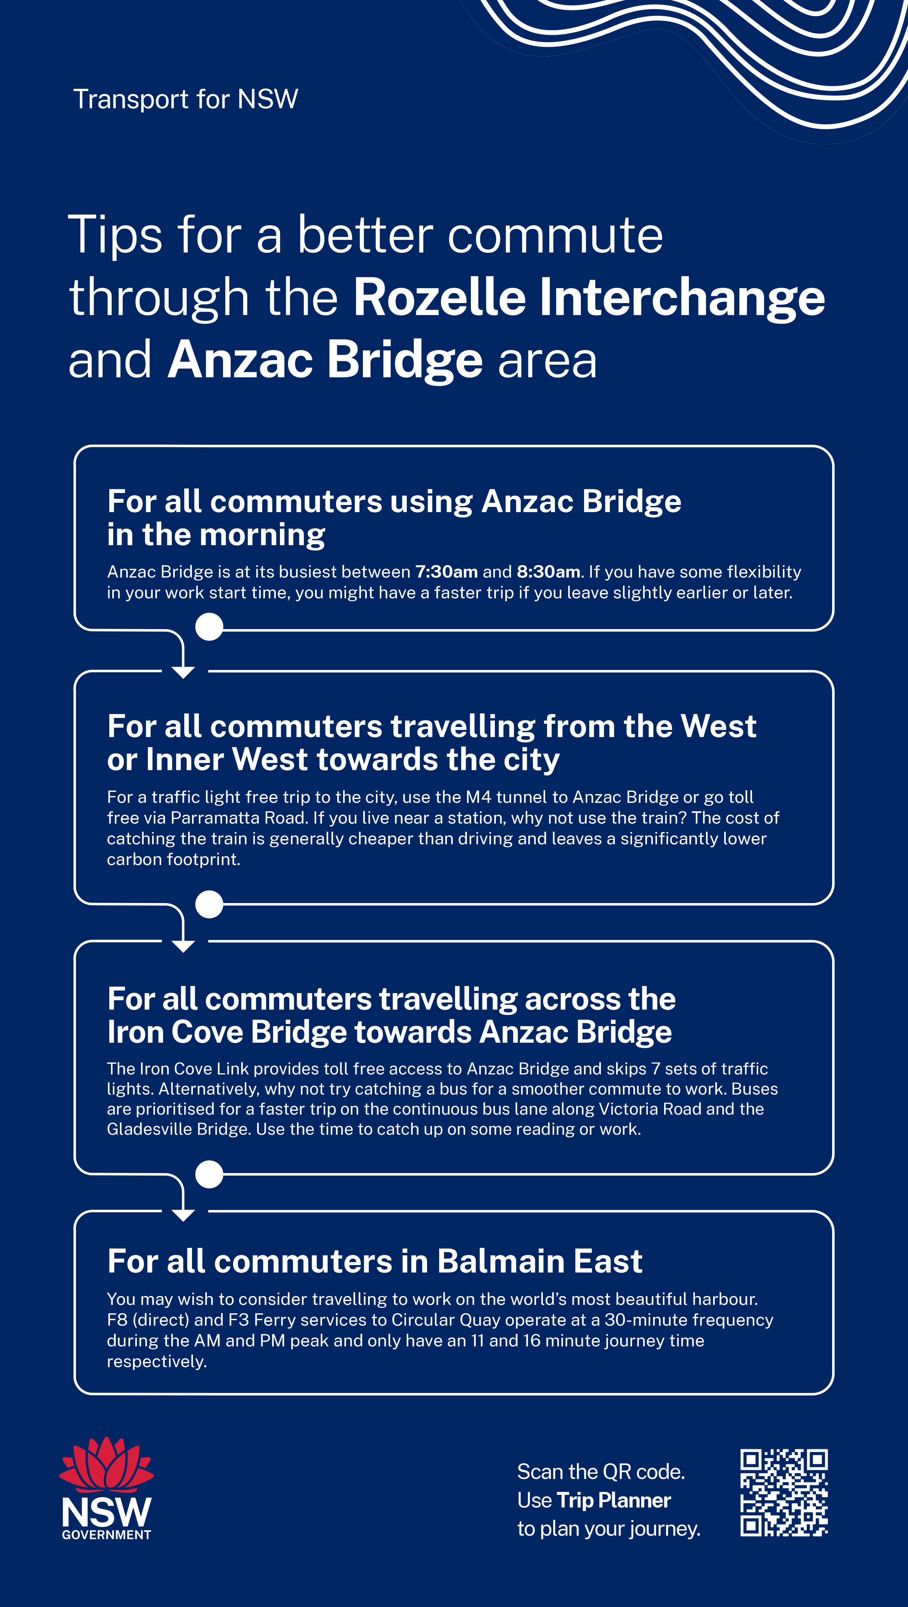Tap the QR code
coord(784,1492)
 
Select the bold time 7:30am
coord(447,571)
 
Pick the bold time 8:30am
coord(549,571)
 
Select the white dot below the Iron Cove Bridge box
coord(209,1175)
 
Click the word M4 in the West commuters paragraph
coord(478,797)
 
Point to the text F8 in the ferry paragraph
coord(117,1320)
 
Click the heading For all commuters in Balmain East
coord(375,1261)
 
